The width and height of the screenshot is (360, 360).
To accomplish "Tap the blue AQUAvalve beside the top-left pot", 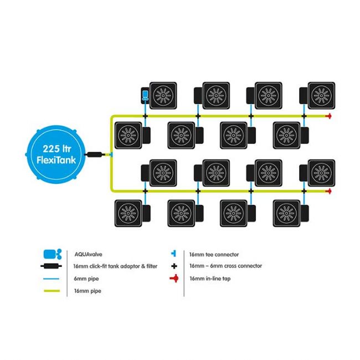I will point(144,95).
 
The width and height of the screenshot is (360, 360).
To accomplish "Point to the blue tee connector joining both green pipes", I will point(111,153).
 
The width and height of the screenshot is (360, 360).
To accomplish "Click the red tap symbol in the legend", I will point(173,278).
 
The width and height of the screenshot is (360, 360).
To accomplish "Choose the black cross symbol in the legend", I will point(173,266).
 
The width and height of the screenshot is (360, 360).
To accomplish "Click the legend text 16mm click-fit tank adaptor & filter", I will point(116,266).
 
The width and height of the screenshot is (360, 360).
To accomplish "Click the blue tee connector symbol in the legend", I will point(173,254).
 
